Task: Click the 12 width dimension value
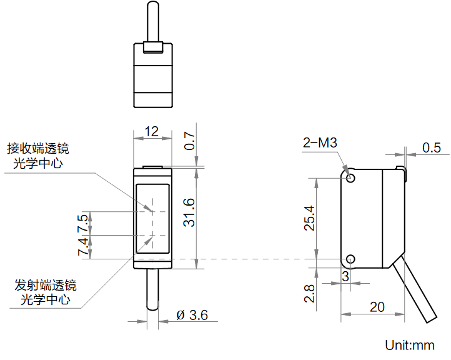[151, 132]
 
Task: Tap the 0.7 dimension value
[189, 141]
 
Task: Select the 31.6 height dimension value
[189, 212]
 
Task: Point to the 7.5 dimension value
[83, 223]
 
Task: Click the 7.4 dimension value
[83, 247]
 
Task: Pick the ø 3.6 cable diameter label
[192, 315]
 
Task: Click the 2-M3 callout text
[320, 142]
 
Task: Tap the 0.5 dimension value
[431, 147]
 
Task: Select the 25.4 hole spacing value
[309, 218]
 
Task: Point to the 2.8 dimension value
[309, 294]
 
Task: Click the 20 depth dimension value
[377, 307]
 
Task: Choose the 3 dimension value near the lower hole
[345, 276]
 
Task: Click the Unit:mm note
[410, 345]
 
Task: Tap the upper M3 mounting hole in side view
[350, 178]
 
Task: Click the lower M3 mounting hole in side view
[350, 259]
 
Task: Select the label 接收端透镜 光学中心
[38, 156]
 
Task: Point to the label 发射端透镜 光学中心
[46, 292]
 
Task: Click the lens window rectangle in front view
[152, 219]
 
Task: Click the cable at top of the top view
[152, 22]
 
